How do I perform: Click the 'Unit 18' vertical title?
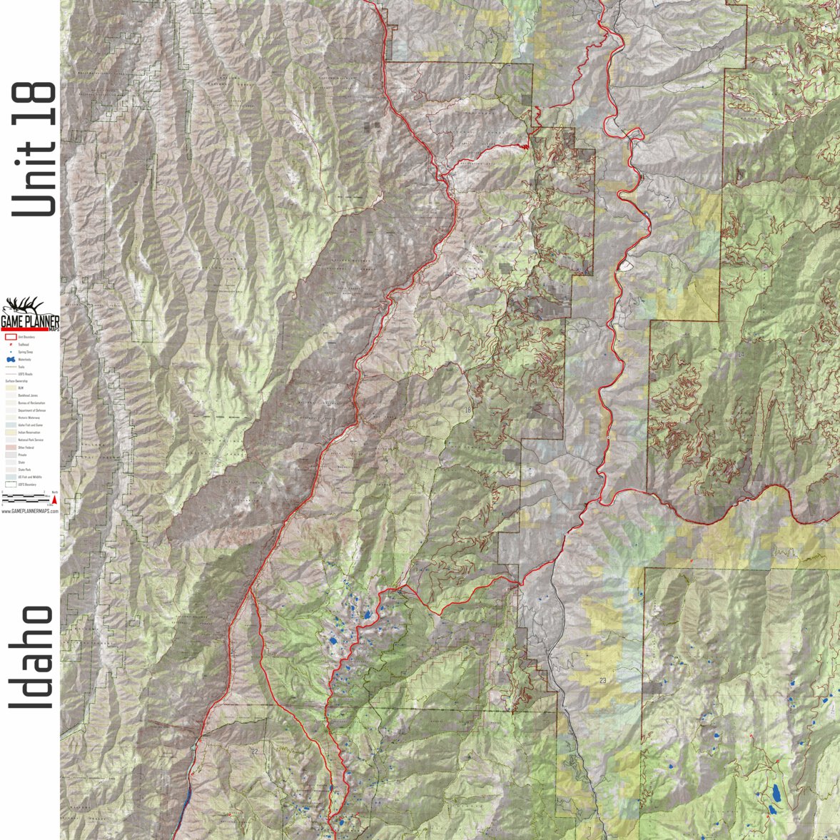click(33, 148)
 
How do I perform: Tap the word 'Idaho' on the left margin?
click(31, 657)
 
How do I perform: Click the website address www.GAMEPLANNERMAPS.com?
click(30, 512)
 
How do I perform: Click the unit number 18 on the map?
click(467, 410)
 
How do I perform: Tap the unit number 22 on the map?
click(254, 752)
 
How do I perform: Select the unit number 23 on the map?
click(603, 680)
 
